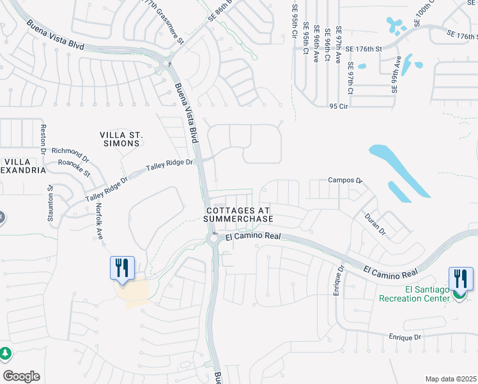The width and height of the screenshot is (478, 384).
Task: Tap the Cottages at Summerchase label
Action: pos(238,214)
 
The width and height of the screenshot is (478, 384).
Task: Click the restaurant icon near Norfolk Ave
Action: pos(122,268)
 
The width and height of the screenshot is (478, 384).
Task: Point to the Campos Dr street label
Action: pos(345,181)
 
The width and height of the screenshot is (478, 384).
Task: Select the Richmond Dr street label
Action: pos(70,154)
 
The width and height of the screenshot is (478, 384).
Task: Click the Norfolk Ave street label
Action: pos(100,221)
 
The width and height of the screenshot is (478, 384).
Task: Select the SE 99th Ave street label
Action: pos(397,74)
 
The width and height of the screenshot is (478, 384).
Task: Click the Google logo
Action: pos(21,376)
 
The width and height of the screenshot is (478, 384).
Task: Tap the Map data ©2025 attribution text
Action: pos(451,379)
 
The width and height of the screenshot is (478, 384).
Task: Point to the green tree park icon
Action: pos(5,353)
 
